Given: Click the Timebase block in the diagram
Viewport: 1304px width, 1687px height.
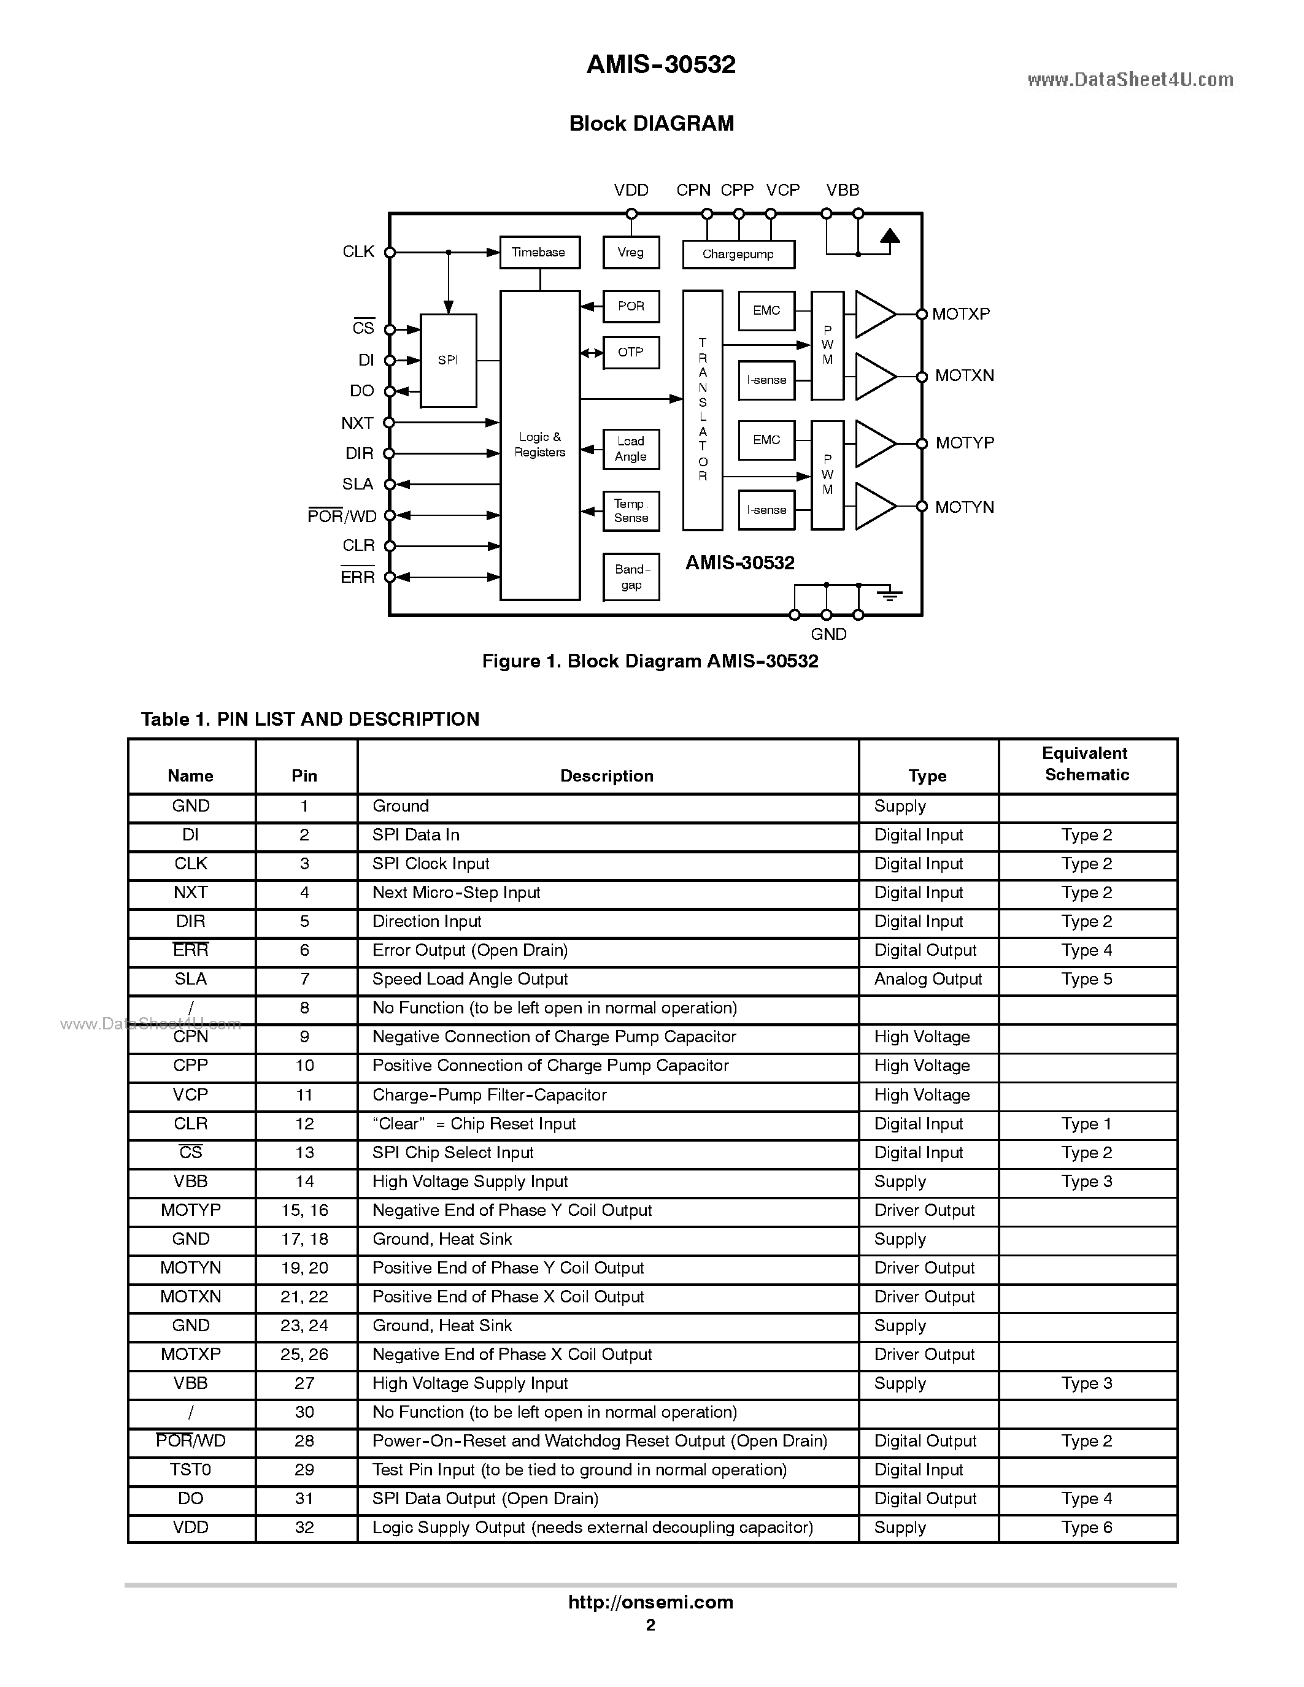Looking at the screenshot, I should coord(539,253).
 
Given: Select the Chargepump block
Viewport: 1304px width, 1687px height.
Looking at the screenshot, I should coord(738,254).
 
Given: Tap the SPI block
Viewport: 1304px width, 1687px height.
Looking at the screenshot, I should coord(448,360).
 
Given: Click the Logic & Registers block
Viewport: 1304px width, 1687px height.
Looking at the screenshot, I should coord(539,445).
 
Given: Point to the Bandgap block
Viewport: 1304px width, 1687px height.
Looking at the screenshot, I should coord(631,577).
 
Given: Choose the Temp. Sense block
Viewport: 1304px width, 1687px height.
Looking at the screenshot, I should coord(631,510).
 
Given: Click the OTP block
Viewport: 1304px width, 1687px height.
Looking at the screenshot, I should coord(630,352).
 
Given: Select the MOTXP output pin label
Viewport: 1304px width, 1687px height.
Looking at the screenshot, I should coord(960,314).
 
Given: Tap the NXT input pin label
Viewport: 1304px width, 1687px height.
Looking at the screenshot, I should coord(357,423).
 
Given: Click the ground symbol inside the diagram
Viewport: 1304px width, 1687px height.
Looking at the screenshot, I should coord(889,593).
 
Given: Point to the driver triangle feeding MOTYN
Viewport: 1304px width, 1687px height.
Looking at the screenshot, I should coord(874,507).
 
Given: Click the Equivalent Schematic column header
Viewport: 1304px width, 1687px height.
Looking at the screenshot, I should coord(1086,764).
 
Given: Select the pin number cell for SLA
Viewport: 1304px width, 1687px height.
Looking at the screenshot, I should coord(305,980).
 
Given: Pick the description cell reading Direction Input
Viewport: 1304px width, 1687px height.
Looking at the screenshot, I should coord(426,921).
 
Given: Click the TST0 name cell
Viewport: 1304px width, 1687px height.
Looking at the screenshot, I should coord(190,1469).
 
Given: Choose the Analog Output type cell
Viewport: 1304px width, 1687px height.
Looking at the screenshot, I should coord(928,980).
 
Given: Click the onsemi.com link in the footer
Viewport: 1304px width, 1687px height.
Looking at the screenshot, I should coord(650,1602).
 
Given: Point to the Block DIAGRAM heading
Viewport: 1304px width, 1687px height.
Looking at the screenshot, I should coord(651,123).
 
